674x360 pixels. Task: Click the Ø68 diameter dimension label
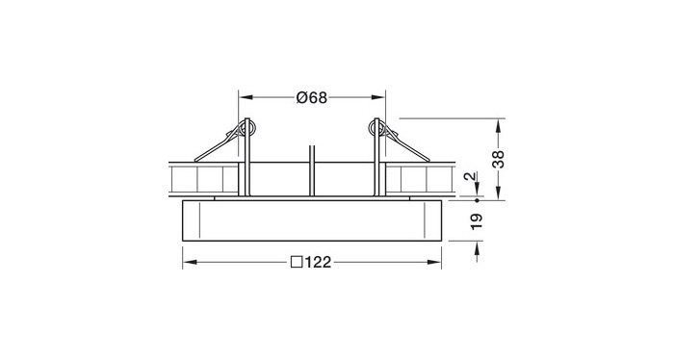pyautogui.click(x=312, y=98)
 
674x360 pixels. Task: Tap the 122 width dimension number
pyautogui.click(x=319, y=262)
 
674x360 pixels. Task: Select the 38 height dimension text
pyautogui.click(x=498, y=160)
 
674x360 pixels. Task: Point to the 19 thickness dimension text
pyautogui.click(x=477, y=221)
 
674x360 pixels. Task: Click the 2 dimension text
pyautogui.click(x=472, y=176)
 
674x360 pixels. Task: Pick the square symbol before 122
pyautogui.click(x=297, y=262)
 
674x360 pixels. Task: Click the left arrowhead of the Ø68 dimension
pyautogui.click(x=246, y=98)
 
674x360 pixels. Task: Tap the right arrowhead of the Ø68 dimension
pyautogui.click(x=378, y=98)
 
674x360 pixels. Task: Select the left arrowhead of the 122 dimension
pyautogui.click(x=190, y=262)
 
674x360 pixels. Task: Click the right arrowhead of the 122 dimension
pyautogui.click(x=434, y=262)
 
